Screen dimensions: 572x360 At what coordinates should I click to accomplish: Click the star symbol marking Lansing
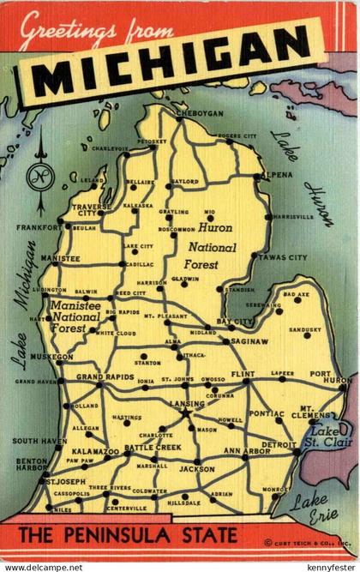[x=185, y=412]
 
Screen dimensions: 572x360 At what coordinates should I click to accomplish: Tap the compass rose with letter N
[x=39, y=178]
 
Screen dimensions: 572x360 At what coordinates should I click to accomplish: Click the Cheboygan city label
[x=199, y=113]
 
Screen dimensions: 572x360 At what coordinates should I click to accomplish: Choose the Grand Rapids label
[x=105, y=376]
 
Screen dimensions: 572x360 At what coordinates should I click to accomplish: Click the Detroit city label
[x=279, y=444]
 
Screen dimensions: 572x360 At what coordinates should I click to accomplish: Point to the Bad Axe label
[x=296, y=295]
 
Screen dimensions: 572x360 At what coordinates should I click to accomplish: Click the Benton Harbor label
[x=31, y=465]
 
